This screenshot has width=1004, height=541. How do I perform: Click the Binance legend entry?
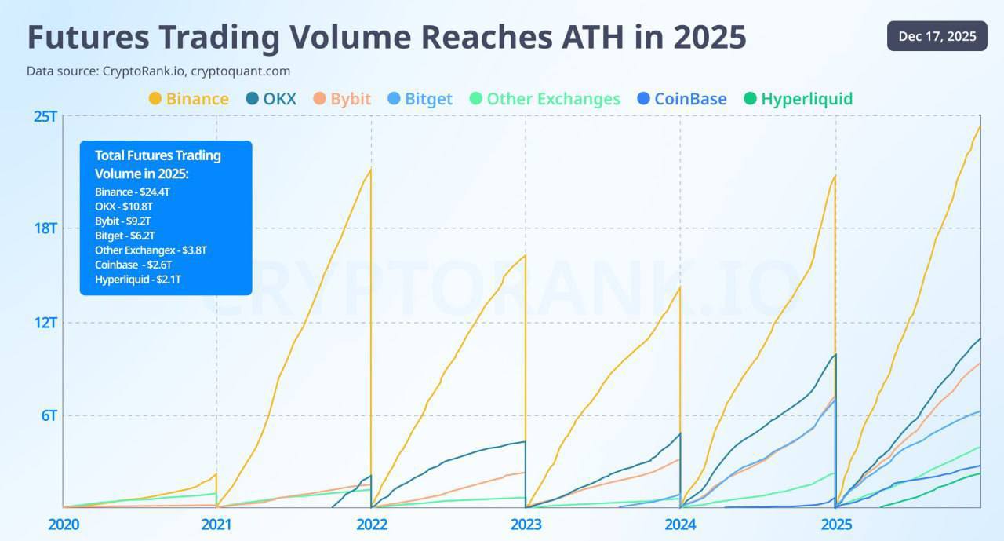pyautogui.click(x=189, y=99)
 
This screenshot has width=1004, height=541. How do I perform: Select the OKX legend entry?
pyautogui.click(x=271, y=99)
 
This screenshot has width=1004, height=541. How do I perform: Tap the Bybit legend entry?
pyautogui.click(x=342, y=99)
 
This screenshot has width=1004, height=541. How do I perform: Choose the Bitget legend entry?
pyautogui.click(x=420, y=99)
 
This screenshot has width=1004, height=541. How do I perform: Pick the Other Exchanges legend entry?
pyautogui.click(x=544, y=99)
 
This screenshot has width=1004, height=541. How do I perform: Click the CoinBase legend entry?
pyautogui.click(x=682, y=99)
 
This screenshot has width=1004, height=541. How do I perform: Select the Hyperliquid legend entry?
pyautogui.click(x=798, y=99)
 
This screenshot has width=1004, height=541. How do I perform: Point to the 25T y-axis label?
pyautogui.click(x=45, y=117)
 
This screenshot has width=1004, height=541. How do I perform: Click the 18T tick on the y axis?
pyautogui.click(x=45, y=228)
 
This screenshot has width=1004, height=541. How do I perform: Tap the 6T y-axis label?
pyautogui.click(x=49, y=415)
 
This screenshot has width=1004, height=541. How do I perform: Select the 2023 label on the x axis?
pyautogui.click(x=526, y=525)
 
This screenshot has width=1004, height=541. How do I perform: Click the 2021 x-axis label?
pyautogui.click(x=216, y=525)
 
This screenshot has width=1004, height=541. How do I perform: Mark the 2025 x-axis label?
pyautogui.click(x=836, y=525)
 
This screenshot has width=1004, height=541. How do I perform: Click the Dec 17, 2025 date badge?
pyautogui.click(x=937, y=36)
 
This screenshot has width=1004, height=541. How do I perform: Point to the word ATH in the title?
pyautogui.click(x=592, y=37)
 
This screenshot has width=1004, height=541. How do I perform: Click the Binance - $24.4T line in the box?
pyautogui.click(x=133, y=192)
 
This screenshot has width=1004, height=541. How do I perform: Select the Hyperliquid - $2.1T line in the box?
pyautogui.click(x=138, y=280)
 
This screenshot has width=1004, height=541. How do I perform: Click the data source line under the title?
pyautogui.click(x=158, y=71)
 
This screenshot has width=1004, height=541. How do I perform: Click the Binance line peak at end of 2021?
pyautogui.click(x=371, y=169)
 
